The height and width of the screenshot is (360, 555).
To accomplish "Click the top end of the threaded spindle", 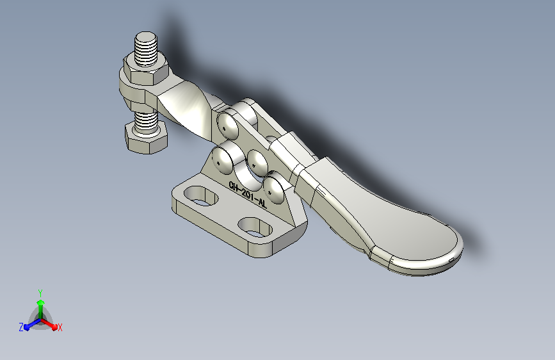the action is tap(145, 36).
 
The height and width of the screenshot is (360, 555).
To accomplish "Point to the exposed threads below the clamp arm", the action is tap(146, 120).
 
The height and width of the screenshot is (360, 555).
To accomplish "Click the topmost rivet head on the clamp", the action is tap(228, 126).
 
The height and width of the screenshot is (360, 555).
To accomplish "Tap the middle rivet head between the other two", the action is tap(257, 163).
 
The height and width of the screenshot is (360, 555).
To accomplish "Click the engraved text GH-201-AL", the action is tap(248, 195).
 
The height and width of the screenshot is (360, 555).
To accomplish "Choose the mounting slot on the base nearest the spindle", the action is tap(201, 196).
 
